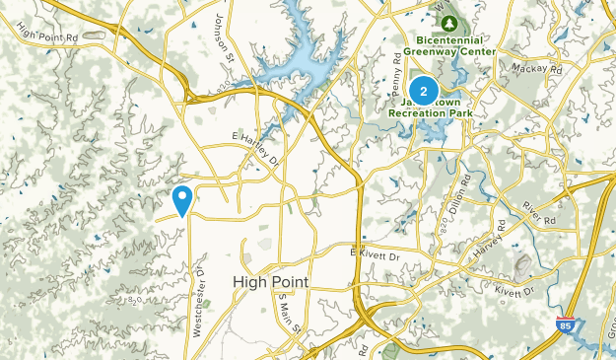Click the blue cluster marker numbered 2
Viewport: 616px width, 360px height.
[x=423, y=92]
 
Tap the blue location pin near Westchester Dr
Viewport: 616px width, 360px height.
[x=182, y=200]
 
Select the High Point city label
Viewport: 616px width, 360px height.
[x=270, y=282]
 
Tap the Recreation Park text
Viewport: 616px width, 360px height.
[x=430, y=114]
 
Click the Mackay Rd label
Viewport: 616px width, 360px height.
[x=536, y=69]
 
